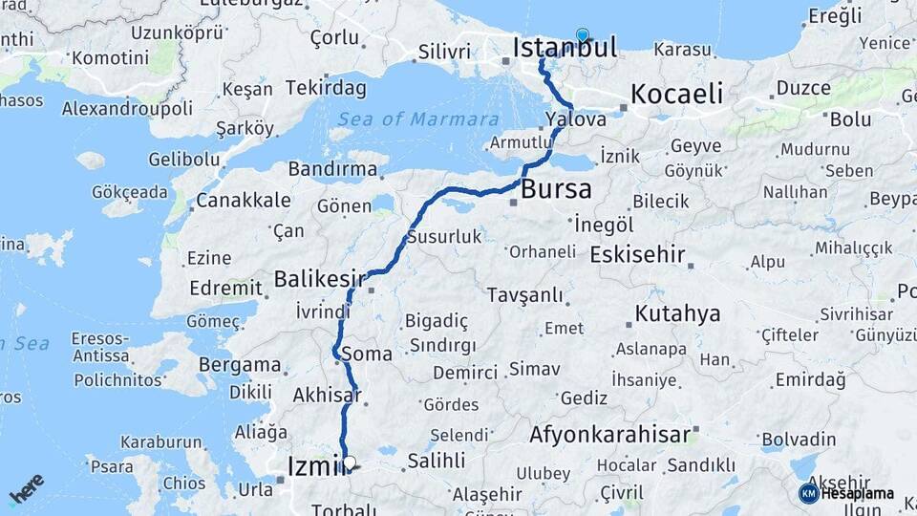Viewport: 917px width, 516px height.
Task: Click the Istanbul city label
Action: click(x=565, y=47)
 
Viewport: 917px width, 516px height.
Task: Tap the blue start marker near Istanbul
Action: click(x=582, y=36)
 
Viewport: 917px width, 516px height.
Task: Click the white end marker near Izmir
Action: click(x=350, y=463)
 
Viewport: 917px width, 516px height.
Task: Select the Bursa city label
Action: click(x=556, y=188)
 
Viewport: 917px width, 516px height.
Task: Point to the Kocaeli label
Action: click(x=676, y=94)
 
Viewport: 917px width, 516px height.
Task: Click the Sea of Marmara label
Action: click(x=418, y=119)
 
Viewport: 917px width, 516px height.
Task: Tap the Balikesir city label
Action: click(x=319, y=279)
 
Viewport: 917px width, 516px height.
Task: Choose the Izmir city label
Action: click(x=315, y=465)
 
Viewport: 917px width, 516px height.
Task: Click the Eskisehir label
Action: click(x=637, y=255)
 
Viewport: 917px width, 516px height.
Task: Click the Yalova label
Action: click(x=576, y=120)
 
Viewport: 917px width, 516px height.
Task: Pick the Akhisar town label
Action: click(x=327, y=395)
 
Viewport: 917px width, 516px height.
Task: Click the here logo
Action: click(x=27, y=488)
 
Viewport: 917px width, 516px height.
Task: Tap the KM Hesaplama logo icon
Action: click(x=808, y=493)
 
